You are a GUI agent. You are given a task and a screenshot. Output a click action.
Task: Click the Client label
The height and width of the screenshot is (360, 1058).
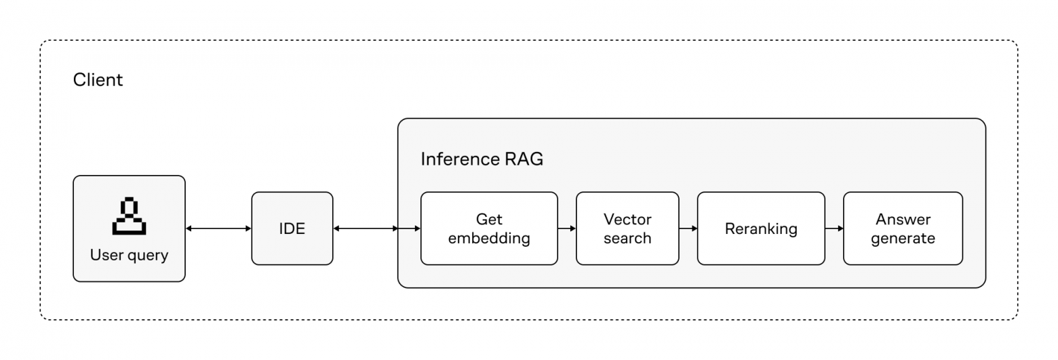tap(98, 80)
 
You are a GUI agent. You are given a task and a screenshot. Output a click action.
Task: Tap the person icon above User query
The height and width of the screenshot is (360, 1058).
tap(129, 216)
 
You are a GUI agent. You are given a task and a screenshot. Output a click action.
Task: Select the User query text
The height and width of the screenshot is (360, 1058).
tap(129, 256)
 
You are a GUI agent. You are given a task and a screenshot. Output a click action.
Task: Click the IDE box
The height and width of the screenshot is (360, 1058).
tap(292, 228)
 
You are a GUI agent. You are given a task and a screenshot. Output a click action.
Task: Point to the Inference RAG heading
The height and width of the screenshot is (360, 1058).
tap(482, 159)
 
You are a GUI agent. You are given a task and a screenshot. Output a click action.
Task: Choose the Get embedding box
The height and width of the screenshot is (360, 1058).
tap(489, 228)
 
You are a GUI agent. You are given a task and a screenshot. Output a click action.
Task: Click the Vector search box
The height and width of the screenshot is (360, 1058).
tap(627, 228)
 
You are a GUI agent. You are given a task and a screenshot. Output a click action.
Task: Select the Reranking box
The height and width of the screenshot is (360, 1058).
tap(761, 228)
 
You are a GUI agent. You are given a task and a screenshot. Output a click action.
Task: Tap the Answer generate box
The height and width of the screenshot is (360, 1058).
tap(903, 228)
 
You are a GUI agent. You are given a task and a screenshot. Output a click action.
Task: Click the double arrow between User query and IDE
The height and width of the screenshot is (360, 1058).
tap(218, 228)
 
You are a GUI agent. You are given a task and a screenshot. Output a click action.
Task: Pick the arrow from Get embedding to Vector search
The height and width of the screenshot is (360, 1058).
tap(567, 228)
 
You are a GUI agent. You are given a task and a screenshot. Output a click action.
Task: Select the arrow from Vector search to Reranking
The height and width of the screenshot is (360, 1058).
tap(688, 228)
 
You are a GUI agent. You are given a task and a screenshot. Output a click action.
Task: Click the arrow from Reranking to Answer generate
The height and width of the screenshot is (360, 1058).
tap(834, 228)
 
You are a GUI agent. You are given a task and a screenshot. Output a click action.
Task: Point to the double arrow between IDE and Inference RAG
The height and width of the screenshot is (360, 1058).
tap(366, 228)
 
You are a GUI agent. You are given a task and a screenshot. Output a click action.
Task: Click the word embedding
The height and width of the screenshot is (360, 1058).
tap(489, 239)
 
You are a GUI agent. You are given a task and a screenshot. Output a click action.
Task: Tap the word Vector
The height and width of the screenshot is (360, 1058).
tap(627, 219)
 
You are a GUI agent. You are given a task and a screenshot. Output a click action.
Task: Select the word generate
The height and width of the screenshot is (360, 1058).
tap(903, 239)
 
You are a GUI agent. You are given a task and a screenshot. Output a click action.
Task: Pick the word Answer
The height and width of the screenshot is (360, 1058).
tap(903, 219)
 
